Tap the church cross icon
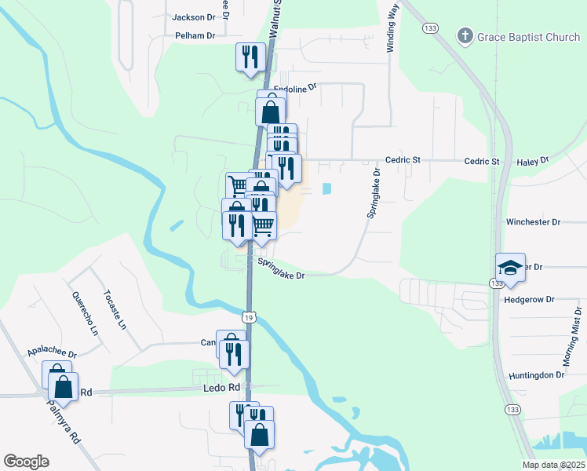point(465,35)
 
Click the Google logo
point(26,462)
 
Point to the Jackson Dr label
point(193,16)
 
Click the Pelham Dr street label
point(195,35)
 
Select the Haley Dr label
point(533,161)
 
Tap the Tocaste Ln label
point(114,309)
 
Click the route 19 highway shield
point(248,317)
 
